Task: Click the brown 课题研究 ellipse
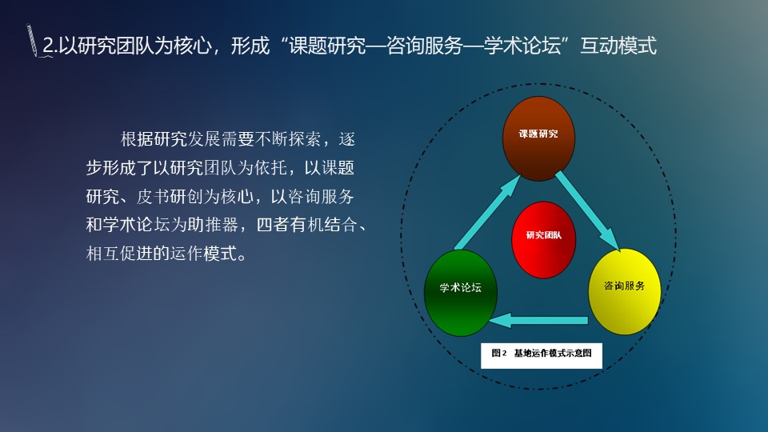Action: click(538, 138)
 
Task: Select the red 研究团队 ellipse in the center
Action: click(543, 239)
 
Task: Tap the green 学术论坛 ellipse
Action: click(461, 293)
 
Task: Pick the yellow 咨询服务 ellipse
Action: click(624, 292)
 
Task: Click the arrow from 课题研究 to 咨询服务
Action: click(588, 211)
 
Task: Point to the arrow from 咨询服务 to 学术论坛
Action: click(538, 320)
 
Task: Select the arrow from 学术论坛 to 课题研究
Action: click(487, 212)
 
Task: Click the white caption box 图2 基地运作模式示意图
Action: click(542, 355)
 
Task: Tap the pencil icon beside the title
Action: click(32, 40)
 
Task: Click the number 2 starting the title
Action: click(48, 46)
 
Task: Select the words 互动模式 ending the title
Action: click(618, 46)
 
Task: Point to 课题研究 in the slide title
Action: click(327, 46)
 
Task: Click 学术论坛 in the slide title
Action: click(522, 46)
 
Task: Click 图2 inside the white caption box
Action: click(499, 353)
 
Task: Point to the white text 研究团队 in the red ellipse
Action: click(544, 235)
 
